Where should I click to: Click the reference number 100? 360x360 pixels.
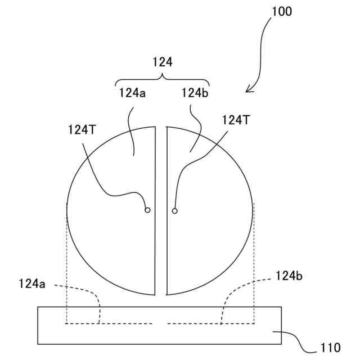pyautogui.click(x=281, y=11)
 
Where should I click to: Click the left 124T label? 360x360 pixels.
pyautogui.click(x=82, y=129)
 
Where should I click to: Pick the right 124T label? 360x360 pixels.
pyautogui.click(x=235, y=119)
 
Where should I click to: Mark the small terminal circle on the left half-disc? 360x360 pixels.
pyautogui.click(x=147, y=210)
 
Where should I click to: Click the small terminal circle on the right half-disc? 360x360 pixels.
pyautogui.click(x=174, y=211)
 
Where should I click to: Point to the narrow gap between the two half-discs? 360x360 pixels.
pyautogui.click(x=161, y=225)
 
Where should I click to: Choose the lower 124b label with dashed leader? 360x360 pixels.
pyautogui.click(x=289, y=276)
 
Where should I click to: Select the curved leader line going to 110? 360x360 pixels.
pyautogui.click(x=298, y=340)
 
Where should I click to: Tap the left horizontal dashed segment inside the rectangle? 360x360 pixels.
pyautogui.click(x=110, y=323)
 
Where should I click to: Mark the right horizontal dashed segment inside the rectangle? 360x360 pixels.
pyautogui.click(x=210, y=323)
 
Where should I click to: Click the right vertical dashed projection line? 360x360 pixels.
pyautogui.click(x=254, y=264)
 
